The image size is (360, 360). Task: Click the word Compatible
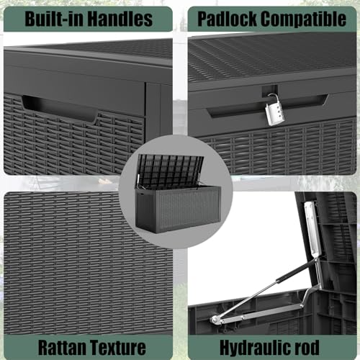pyautogui.click(x=304, y=19)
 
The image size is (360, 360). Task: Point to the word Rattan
pyautogui.click(x=62, y=347)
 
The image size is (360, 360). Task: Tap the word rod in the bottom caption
pyautogui.click(x=308, y=347)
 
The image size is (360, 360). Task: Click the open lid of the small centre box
pyautogui.click(x=171, y=168)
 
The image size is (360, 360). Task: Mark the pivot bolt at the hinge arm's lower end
pyautogui.click(x=215, y=319)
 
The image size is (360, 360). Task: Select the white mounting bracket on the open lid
pyautogui.click(x=312, y=228)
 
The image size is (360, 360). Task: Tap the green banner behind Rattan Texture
pyautogui.click(x=88, y=347)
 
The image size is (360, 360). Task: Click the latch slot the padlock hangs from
pyautogui.click(x=270, y=91)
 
